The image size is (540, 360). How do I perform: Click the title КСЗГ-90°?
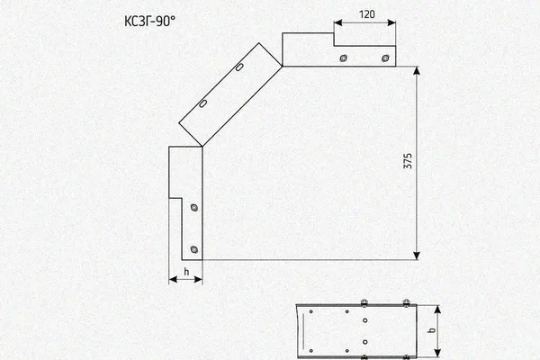click(149, 22)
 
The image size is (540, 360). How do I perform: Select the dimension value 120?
click(367, 14)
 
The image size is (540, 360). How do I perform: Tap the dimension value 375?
click(408, 161)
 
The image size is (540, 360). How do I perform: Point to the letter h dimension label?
click(186, 272)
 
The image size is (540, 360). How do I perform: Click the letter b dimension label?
click(431, 330)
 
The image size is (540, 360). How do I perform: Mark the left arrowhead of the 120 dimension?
click(337, 22)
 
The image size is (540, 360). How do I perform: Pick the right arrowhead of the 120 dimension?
click(391, 22)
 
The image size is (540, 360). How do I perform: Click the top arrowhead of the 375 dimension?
click(417, 70)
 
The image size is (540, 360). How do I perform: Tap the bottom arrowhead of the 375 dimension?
click(417, 256)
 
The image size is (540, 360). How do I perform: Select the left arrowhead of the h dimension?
click(173, 279)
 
